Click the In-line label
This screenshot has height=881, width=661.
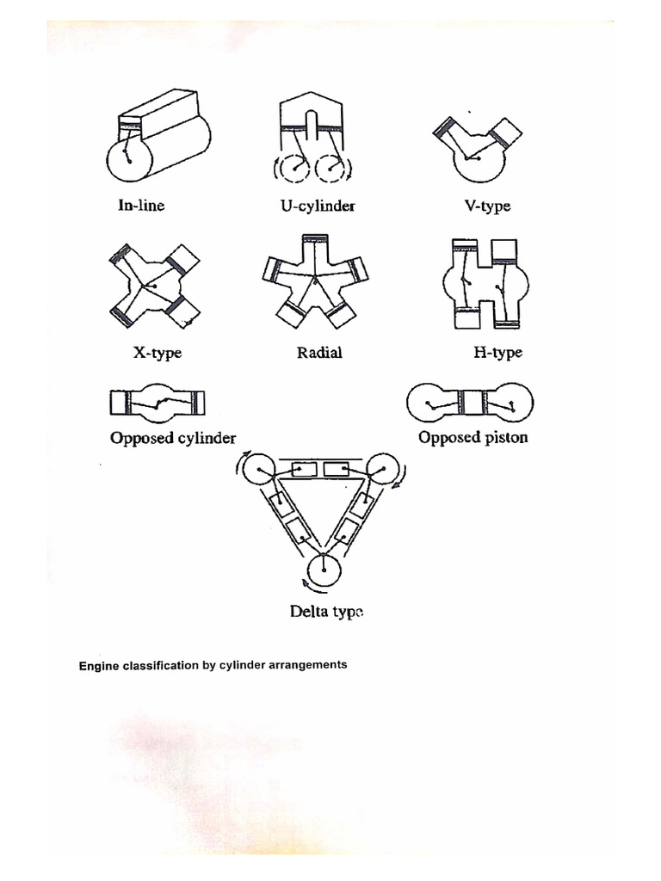click(141, 206)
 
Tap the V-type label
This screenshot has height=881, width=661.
click(486, 206)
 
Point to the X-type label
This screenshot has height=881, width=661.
click(158, 353)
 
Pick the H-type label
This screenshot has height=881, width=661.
click(497, 352)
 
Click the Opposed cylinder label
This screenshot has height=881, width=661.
click(173, 438)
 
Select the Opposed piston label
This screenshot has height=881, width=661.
click(473, 437)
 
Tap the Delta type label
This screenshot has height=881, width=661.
click(326, 613)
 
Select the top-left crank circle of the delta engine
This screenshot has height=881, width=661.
click(256, 470)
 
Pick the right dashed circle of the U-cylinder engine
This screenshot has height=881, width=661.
click(330, 169)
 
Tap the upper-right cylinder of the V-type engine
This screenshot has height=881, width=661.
click(506, 131)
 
